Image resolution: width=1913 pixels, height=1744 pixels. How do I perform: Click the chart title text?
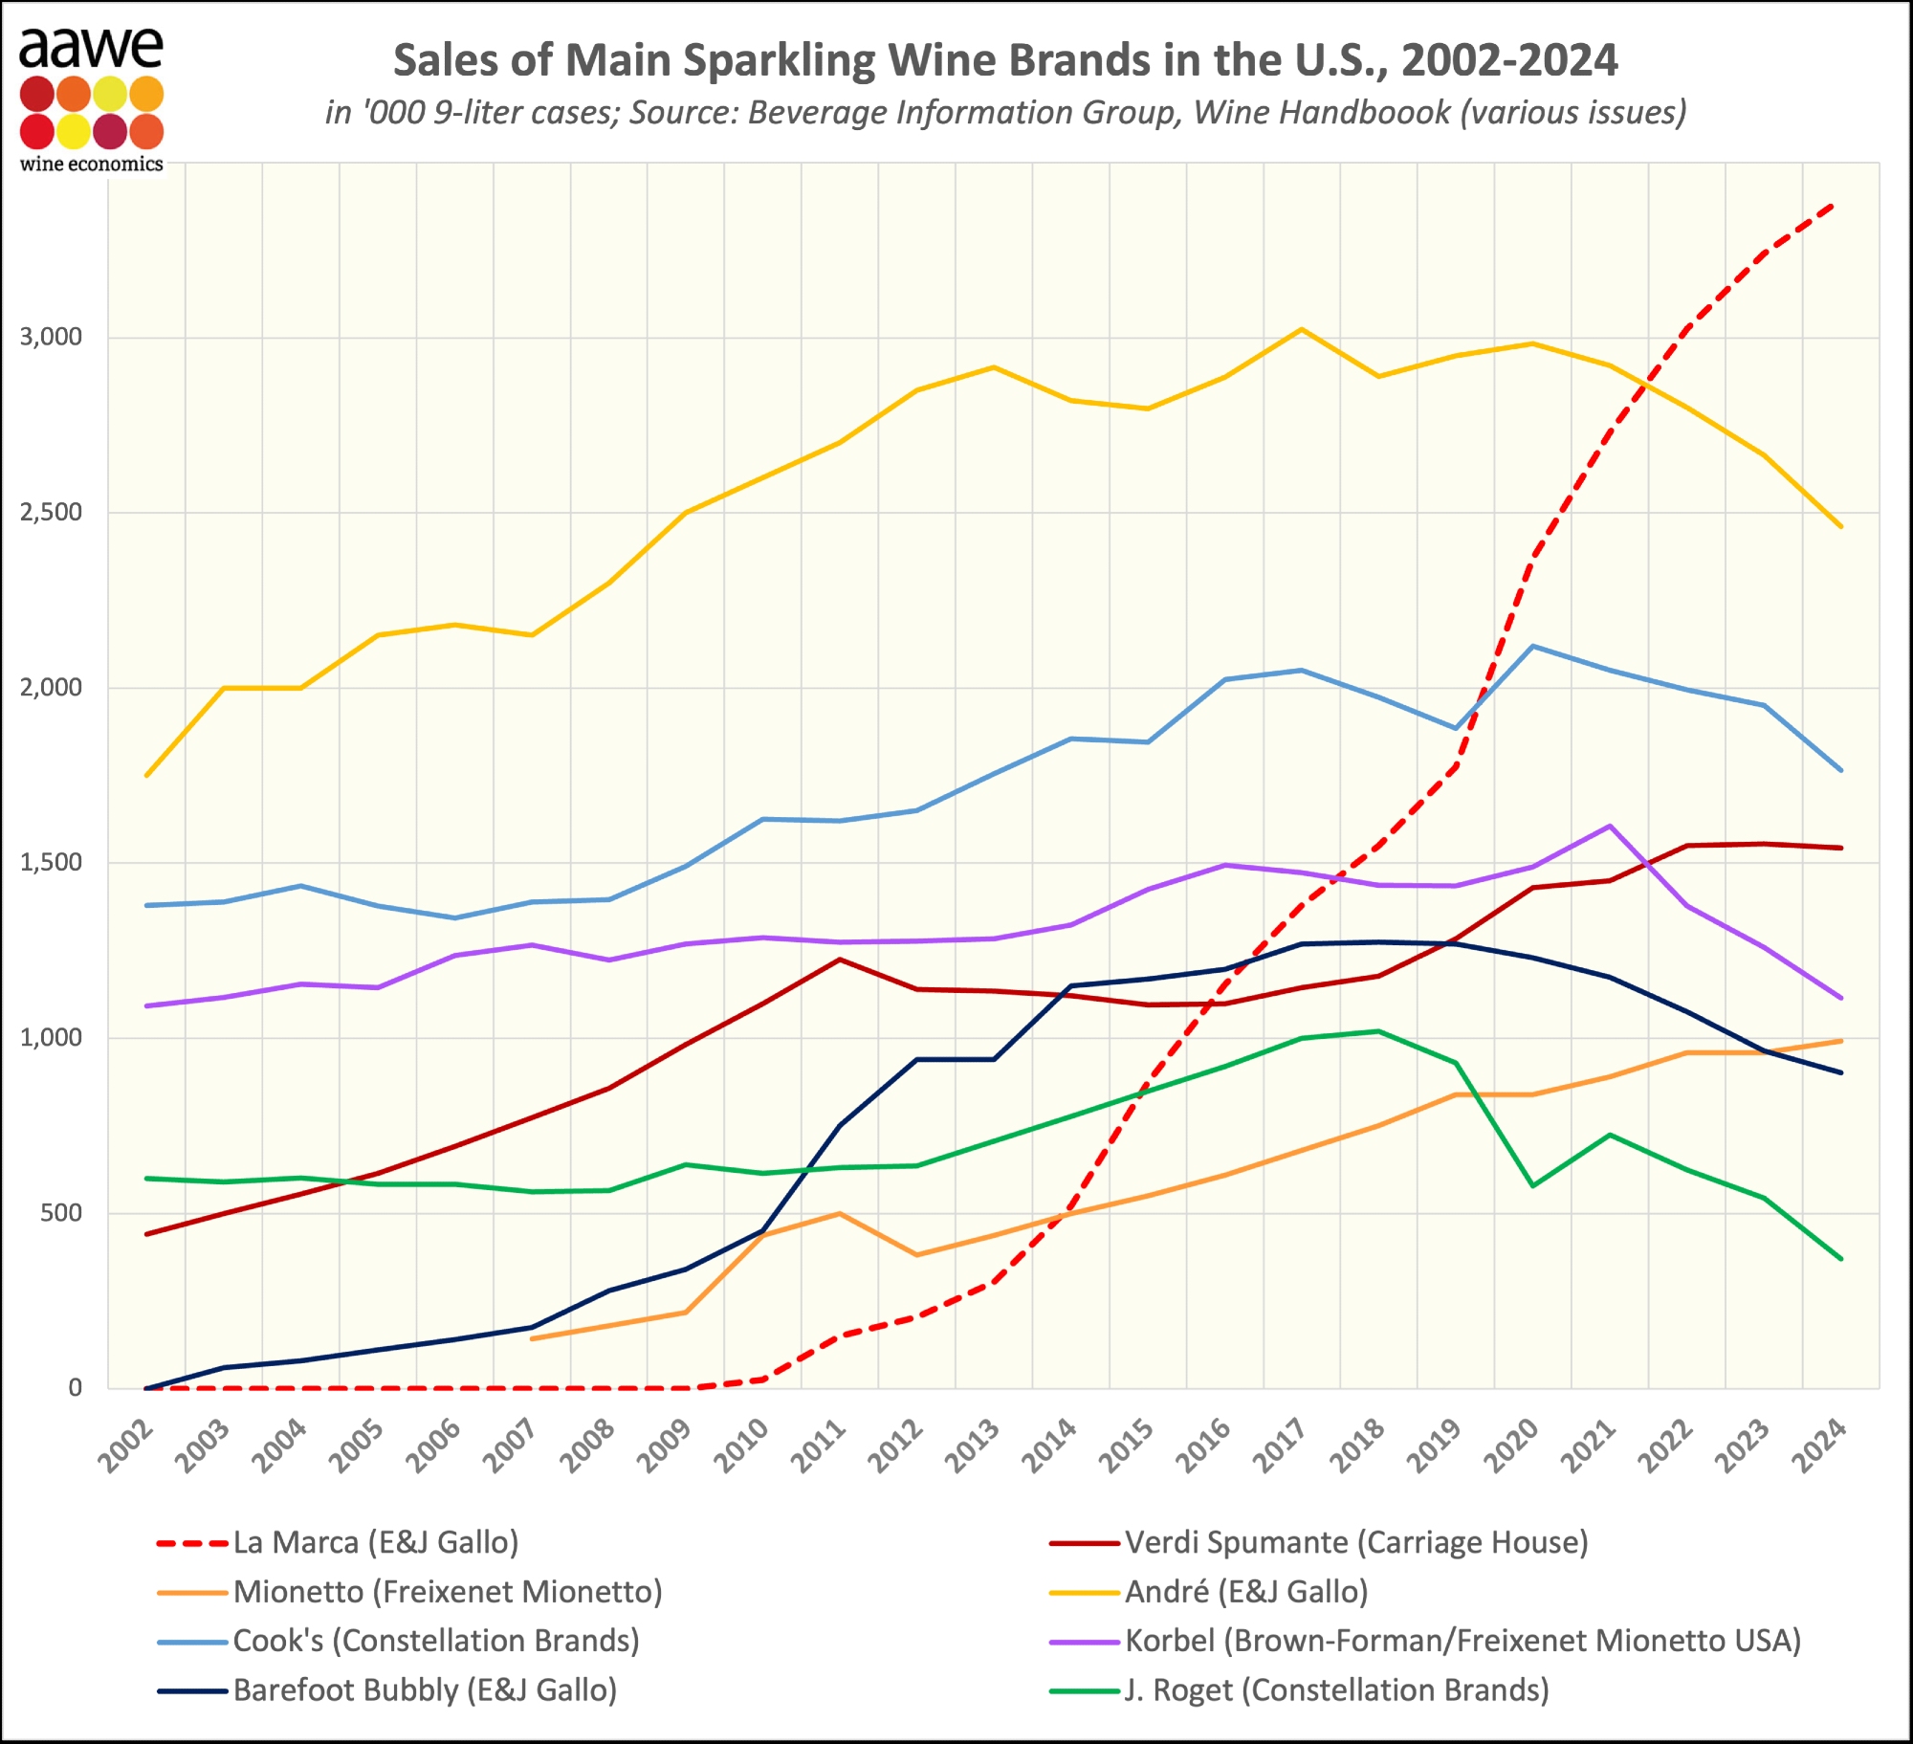click(x=1004, y=60)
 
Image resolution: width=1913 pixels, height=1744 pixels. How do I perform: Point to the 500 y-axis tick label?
click(x=61, y=1212)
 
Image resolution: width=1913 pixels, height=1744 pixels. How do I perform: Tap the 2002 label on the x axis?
click(x=126, y=1446)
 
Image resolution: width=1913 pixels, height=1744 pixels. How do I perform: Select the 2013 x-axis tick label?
click(x=973, y=1446)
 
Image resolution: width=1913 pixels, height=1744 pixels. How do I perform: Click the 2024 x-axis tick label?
click(x=1820, y=1446)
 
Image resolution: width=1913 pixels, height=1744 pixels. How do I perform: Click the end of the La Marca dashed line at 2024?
click(x=1833, y=204)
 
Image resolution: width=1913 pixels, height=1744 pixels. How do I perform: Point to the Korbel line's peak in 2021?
click(x=1611, y=826)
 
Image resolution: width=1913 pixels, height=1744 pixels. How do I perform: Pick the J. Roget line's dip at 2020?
click(x=1533, y=1186)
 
